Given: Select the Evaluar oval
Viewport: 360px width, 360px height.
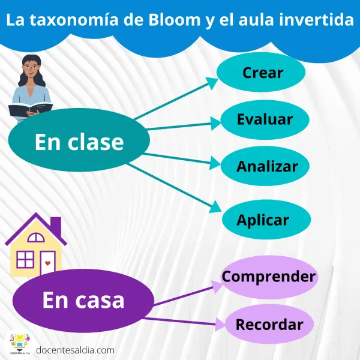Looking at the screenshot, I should [x=265, y=119].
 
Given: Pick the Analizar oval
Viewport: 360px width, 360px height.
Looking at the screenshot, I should [x=266, y=166].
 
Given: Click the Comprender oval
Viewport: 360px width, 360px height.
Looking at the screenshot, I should [x=269, y=277].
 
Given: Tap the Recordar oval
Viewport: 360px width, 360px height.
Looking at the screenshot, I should [x=269, y=325].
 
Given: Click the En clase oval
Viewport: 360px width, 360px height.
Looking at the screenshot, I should [x=79, y=142].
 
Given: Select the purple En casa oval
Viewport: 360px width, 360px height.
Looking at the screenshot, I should [x=82, y=300].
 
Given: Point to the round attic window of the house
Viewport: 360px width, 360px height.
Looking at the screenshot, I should [x=36, y=235].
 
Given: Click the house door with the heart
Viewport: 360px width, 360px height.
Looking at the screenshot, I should [x=47, y=262].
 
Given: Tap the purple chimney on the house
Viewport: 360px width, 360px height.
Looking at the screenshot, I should [x=56, y=226].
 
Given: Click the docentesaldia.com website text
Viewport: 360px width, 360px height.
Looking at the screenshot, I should [x=75, y=349].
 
